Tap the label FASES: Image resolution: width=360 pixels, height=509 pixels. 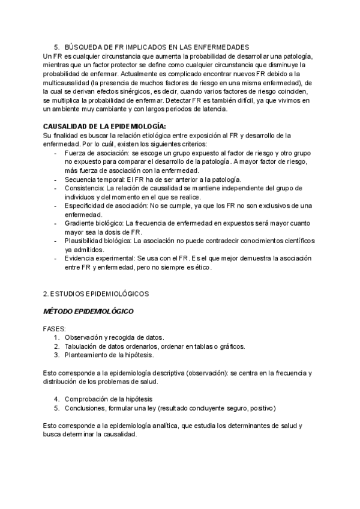coord(55,329)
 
